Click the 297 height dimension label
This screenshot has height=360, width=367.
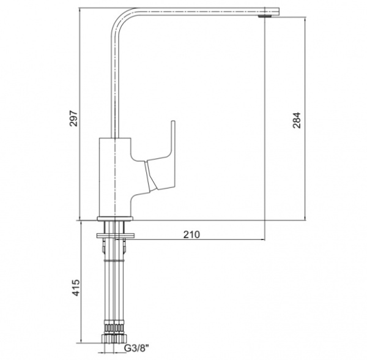73,118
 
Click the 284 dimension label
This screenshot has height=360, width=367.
296,120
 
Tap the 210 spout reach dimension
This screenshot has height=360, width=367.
191,234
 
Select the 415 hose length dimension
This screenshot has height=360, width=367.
76,287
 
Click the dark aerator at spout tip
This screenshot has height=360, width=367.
265,16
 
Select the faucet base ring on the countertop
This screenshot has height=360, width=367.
115,219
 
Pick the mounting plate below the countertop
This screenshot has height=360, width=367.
116,235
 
